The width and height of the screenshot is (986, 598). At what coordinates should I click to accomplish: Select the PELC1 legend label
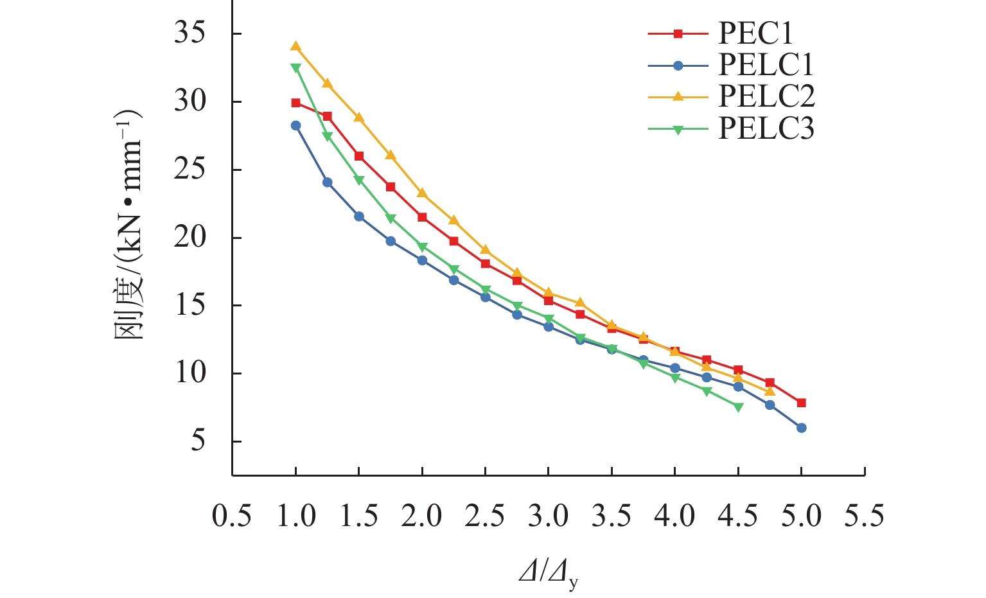pyautogui.click(x=766, y=65)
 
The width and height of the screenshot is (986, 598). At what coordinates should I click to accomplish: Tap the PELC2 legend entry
pyautogui.click(x=766, y=96)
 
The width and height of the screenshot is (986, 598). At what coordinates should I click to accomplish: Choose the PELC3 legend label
pyautogui.click(x=766, y=128)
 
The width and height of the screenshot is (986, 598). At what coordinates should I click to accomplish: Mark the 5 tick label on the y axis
pyautogui.click(x=198, y=441)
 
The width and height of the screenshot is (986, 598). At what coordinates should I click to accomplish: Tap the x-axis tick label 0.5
pyautogui.click(x=232, y=516)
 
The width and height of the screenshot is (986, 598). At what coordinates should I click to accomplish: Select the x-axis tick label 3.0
pyautogui.click(x=548, y=516)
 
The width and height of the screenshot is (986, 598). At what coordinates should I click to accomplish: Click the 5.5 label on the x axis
pyautogui.click(x=864, y=516)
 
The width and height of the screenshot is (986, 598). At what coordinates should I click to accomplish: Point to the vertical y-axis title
pyautogui.click(x=128, y=225)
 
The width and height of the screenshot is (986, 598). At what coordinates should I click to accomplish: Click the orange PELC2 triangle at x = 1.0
pyautogui.click(x=295, y=46)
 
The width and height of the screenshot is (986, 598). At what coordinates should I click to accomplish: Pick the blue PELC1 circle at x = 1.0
pyautogui.click(x=295, y=125)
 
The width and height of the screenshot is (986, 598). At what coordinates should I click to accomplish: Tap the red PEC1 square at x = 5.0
pyautogui.click(x=801, y=403)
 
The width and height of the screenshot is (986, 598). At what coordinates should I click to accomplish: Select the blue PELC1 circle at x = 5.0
pyautogui.click(x=801, y=428)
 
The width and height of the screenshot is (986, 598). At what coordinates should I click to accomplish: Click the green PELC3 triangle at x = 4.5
pyautogui.click(x=738, y=407)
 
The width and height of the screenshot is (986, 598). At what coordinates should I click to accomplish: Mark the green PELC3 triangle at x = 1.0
pyautogui.click(x=295, y=67)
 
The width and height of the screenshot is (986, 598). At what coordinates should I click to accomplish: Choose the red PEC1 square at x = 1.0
pyautogui.click(x=295, y=103)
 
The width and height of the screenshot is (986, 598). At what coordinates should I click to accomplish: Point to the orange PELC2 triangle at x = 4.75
pyautogui.click(x=770, y=391)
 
